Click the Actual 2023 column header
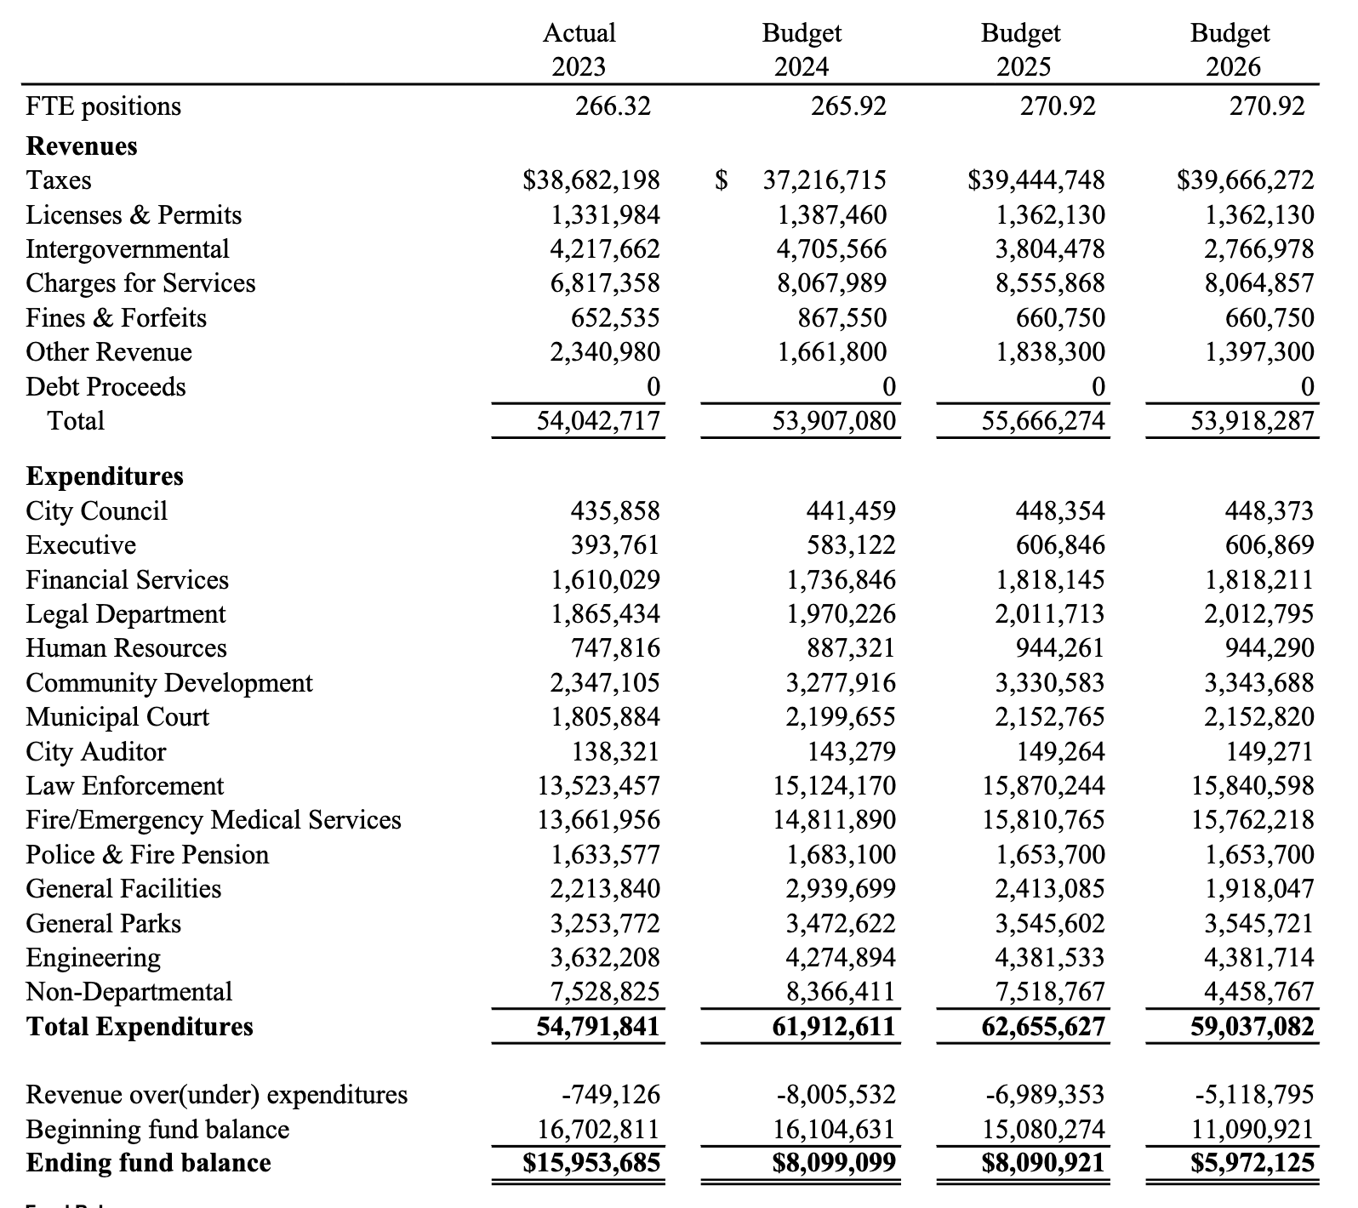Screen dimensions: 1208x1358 click(579, 49)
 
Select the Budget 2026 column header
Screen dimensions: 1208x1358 click(1230, 49)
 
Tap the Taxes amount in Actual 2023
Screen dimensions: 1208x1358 click(591, 180)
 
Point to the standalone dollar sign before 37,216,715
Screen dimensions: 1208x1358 click(722, 180)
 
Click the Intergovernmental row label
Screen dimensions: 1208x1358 click(128, 249)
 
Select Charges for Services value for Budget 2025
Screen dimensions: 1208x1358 click(1050, 283)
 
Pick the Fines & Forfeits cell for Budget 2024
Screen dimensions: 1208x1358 click(842, 318)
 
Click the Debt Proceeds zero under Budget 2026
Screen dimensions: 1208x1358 click(1307, 387)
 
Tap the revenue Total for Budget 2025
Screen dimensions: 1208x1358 click(1043, 421)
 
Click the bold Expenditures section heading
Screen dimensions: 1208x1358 click(105, 476)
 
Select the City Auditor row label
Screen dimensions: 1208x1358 click(96, 752)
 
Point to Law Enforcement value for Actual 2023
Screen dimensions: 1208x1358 click(598, 786)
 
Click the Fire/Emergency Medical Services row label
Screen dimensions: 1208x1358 click(214, 820)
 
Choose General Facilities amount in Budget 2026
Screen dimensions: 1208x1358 click(1258, 889)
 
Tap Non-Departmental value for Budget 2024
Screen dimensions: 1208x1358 click(840, 992)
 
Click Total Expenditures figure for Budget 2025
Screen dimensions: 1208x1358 click(1043, 1027)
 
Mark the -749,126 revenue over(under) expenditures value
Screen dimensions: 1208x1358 click(611, 1094)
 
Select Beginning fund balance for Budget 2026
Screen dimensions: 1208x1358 click(1252, 1130)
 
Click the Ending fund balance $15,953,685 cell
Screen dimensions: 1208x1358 click(591, 1163)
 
